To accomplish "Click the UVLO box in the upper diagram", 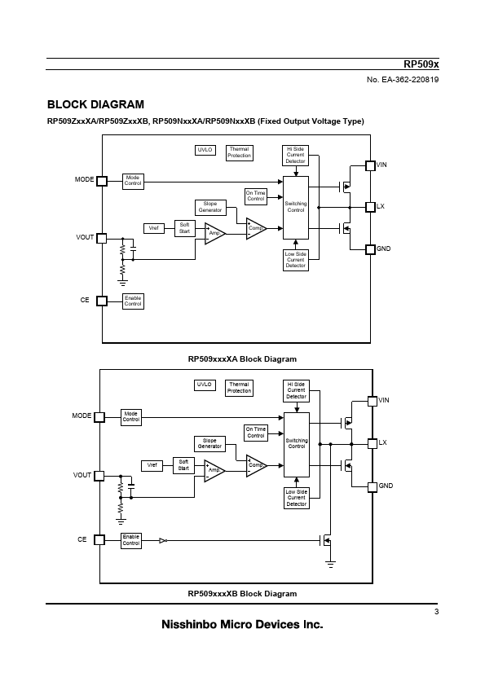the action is click(x=205, y=150).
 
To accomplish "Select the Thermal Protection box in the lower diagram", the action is click(x=239, y=388).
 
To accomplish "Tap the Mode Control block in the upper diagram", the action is click(x=133, y=181).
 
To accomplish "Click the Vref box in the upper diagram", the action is click(x=153, y=228).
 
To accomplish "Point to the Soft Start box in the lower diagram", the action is click(x=183, y=465).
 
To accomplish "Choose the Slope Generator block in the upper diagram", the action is click(x=210, y=207).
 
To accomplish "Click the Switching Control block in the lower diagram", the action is click(x=297, y=445).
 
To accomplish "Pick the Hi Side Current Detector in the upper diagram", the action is click(x=295, y=156).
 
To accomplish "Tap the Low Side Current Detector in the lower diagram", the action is click(x=297, y=498).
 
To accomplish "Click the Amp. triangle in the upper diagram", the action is click(x=214, y=234).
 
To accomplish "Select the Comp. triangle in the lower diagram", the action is click(x=255, y=465).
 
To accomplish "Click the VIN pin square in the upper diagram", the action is click(x=370, y=165).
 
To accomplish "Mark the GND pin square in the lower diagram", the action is click(x=372, y=487).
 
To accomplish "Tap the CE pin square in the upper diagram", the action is click(x=102, y=301).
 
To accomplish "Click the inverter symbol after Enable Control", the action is click(x=163, y=541).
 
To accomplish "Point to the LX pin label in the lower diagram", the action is click(x=382, y=442).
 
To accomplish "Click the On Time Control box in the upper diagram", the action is click(x=256, y=196).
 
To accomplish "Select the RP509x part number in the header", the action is click(x=421, y=64).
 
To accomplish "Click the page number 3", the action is click(x=436, y=612).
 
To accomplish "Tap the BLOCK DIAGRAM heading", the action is click(x=95, y=104).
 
